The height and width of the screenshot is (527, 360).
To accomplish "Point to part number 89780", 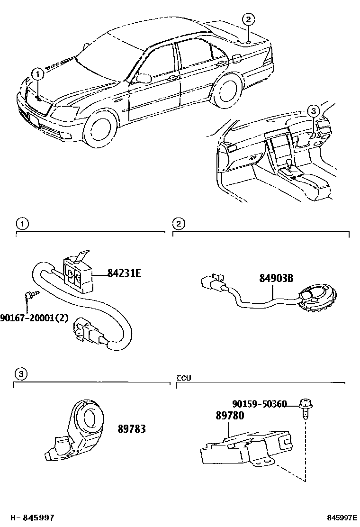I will [230, 416].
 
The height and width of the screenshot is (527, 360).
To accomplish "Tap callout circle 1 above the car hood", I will [37, 73].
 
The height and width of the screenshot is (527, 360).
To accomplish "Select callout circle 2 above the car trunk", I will [249, 19].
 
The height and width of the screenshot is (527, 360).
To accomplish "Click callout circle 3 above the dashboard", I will [313, 111].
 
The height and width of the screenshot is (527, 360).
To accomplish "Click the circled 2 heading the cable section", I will [178, 223].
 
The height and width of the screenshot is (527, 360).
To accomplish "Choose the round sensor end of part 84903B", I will [316, 300].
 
